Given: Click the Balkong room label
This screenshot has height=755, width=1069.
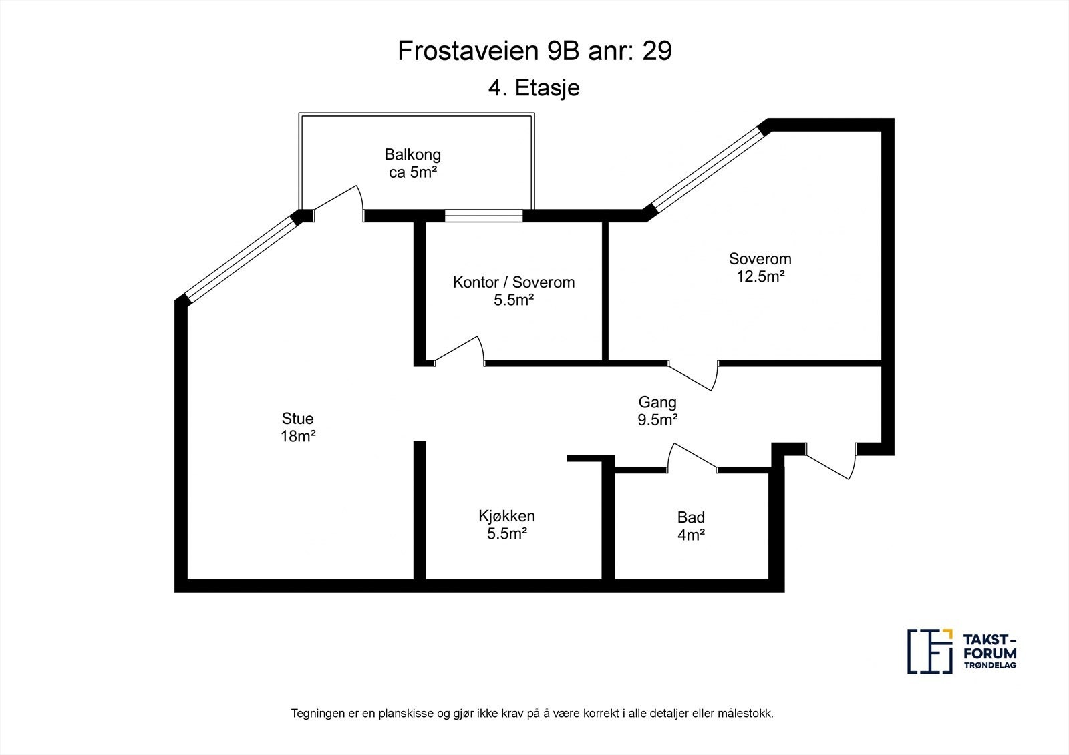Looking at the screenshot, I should [412, 155].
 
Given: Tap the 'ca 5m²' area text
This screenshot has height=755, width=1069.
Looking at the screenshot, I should [412, 173].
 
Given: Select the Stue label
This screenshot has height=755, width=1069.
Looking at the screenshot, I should [297, 419].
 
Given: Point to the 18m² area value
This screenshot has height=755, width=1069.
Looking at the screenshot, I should [297, 437].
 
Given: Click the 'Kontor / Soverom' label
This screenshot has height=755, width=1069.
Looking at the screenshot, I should [513, 282].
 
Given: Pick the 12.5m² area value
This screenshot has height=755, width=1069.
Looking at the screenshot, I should [760, 276].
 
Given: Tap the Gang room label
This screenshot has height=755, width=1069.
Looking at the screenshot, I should [657, 402].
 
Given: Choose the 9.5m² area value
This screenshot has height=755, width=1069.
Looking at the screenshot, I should [657, 420].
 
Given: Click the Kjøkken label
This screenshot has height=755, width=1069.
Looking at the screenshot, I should [506, 516].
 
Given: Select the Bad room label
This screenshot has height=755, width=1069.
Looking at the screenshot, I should [691, 517].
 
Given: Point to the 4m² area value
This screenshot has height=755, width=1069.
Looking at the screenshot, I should [691, 535].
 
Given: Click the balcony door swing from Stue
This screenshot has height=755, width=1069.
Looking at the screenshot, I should [339, 202].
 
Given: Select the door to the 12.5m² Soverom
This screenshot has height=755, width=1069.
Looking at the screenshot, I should [694, 375].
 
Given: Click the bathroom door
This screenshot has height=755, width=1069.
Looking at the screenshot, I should [694, 457].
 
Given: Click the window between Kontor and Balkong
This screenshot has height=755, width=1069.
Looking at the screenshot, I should [484, 215].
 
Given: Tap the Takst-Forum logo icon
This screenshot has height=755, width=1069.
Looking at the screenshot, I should [929, 651].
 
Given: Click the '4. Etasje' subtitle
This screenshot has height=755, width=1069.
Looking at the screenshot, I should [534, 88].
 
